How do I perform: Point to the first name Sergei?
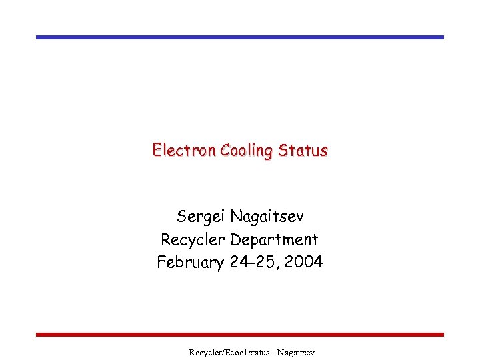click(x=201, y=217)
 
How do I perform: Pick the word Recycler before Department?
click(x=191, y=239)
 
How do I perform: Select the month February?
click(x=190, y=262)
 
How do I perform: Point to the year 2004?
click(x=303, y=262)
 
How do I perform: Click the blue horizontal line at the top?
click(x=240, y=37)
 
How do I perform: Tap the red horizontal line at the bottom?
click(x=240, y=334)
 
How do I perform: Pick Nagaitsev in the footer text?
click(x=293, y=351)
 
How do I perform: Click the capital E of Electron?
click(x=156, y=150)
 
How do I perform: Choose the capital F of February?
click(x=161, y=262)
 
